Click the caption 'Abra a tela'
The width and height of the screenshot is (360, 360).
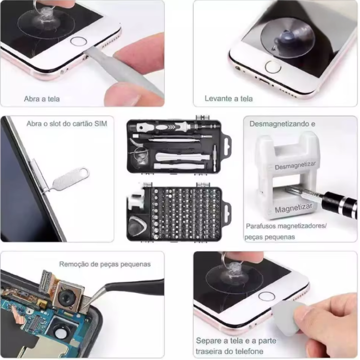[42, 99]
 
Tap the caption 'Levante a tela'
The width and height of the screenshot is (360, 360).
[229, 99]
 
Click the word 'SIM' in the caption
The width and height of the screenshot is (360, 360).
[101, 123]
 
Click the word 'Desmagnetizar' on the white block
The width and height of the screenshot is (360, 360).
[295, 165]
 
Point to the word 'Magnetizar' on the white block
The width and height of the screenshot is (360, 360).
[294, 208]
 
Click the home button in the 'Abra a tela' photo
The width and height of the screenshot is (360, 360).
[78, 41]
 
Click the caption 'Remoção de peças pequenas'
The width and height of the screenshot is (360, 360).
[105, 264]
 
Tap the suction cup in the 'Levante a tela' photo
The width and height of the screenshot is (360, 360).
[288, 38]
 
